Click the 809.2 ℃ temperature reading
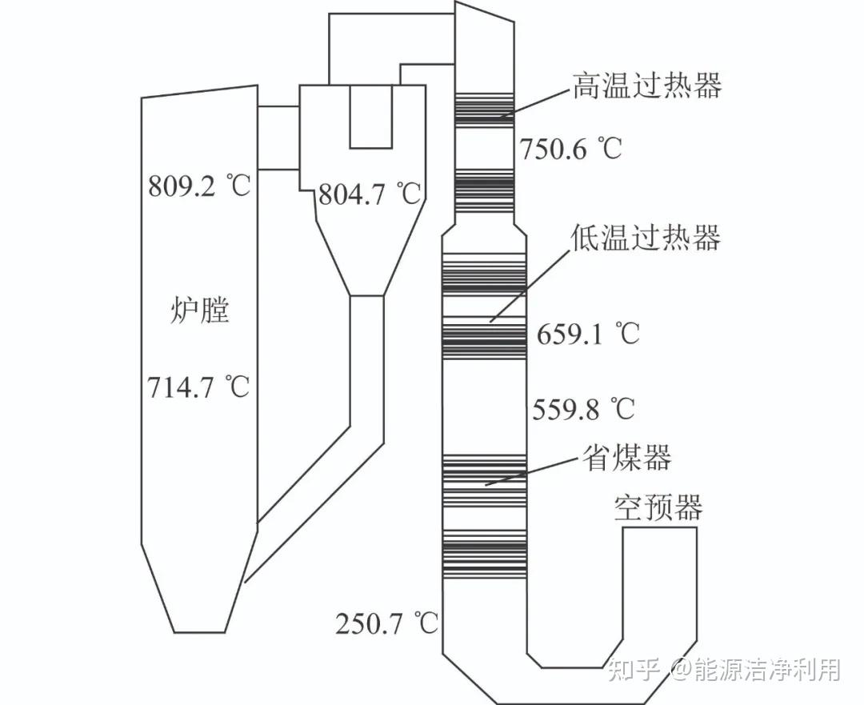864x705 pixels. (x=199, y=187)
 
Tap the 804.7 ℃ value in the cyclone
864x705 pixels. (x=370, y=194)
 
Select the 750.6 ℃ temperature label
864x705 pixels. (x=570, y=149)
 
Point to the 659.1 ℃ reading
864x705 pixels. (x=588, y=334)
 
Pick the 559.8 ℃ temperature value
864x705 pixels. (x=583, y=410)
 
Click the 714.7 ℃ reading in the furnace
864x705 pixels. (x=198, y=387)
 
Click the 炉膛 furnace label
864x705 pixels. (x=200, y=310)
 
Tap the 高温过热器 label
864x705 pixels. (x=646, y=86)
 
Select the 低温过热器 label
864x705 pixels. (x=646, y=237)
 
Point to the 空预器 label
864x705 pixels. (x=658, y=507)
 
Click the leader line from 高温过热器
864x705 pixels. (x=535, y=103)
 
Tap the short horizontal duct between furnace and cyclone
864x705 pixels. (x=278, y=138)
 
